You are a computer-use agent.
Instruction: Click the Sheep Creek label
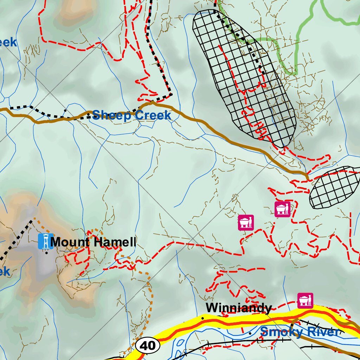(132, 115)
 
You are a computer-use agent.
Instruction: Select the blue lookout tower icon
(45, 241)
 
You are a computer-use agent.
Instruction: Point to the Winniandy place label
(238, 308)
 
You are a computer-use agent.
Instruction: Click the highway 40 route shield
(148, 346)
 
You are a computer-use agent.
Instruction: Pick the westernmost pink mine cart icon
(246, 223)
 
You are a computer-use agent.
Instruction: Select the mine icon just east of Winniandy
(305, 301)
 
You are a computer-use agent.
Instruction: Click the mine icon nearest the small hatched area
(283, 209)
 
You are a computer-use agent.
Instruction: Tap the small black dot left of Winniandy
(202, 318)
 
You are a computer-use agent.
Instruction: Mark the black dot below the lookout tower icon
(46, 252)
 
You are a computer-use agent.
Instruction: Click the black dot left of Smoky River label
(250, 333)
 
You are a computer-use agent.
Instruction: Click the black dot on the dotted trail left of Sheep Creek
(65, 110)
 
